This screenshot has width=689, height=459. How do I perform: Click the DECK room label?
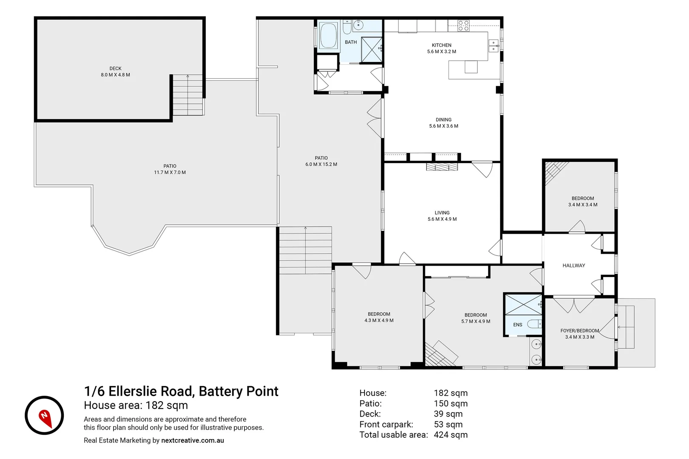tap(115, 68)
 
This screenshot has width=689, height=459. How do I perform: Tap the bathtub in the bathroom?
tap(328, 36)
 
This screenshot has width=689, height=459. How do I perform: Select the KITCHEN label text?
tap(441, 45)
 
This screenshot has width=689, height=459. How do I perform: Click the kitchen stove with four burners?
tap(464, 26)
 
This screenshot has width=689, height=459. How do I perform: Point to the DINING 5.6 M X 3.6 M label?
tap(444, 123)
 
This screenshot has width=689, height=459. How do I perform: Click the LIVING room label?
tap(442, 212)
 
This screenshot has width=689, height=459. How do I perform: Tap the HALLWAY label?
tap(574, 266)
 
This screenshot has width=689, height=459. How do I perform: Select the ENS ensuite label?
tap(518, 325)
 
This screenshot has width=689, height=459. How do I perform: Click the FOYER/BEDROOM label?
tap(580, 331)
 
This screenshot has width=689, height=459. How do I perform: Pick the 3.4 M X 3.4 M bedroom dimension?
tap(583, 205)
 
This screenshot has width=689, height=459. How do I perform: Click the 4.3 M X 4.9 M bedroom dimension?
tap(379, 320)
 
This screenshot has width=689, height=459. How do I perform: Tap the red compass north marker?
tap(45, 417)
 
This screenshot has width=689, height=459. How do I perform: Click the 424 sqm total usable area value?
tap(450, 435)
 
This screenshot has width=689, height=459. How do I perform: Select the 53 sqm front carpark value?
tap(448, 424)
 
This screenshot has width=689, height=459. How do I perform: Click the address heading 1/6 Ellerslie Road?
tap(181, 391)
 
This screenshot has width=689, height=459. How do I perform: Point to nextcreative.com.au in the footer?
tap(192, 441)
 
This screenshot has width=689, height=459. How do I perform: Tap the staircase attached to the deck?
tap(188, 95)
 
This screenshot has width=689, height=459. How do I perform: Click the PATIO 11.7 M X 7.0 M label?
tap(170, 169)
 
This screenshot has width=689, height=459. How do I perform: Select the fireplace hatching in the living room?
tap(442, 167)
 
